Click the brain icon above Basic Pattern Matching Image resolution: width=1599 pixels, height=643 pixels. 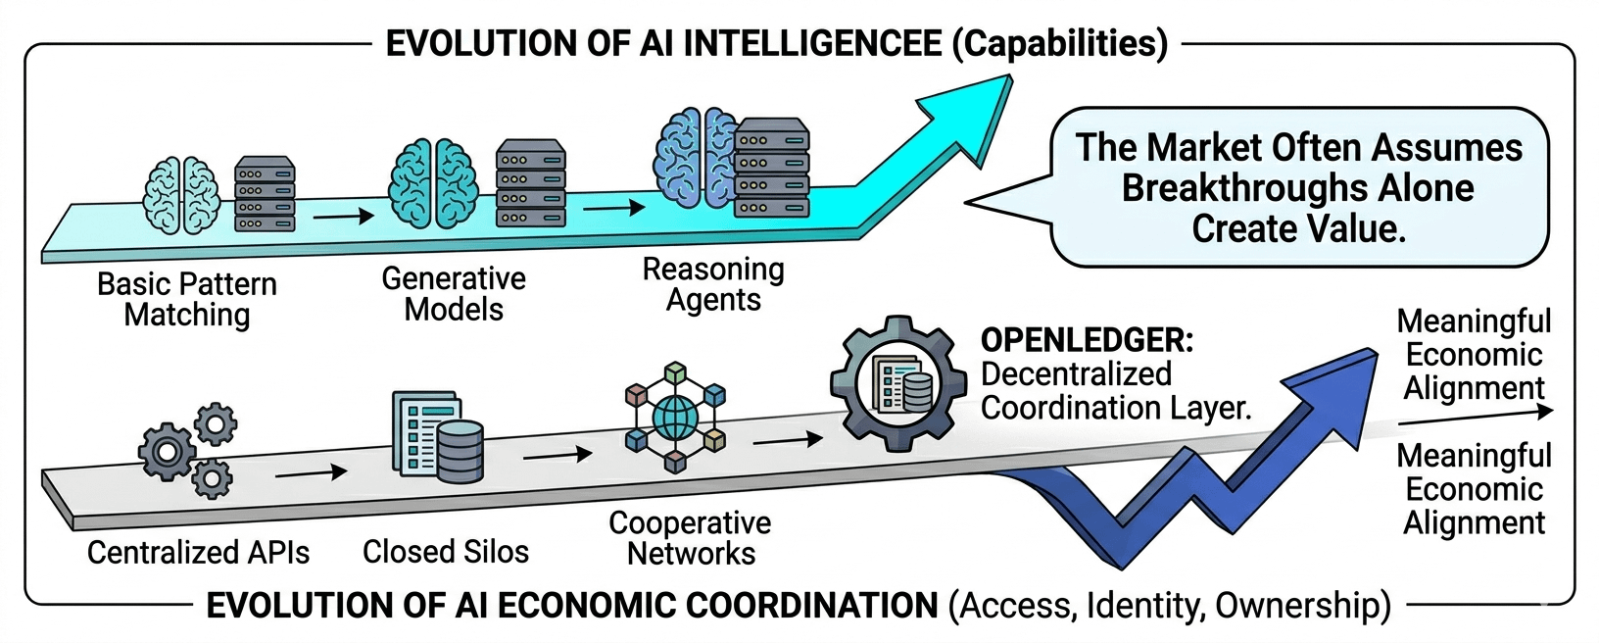(x=180, y=196)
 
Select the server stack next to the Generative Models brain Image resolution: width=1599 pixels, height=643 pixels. (x=530, y=183)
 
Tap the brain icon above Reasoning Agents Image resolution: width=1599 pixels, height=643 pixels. (x=695, y=158)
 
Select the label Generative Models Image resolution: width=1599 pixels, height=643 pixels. (x=454, y=294)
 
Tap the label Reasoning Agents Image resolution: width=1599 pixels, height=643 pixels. (x=713, y=284)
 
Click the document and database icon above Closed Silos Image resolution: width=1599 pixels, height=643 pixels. (x=438, y=436)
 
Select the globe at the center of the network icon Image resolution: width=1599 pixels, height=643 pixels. (x=674, y=418)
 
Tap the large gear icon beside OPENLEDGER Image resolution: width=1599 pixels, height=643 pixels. (x=893, y=383)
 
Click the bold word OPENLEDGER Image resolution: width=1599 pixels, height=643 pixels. (x=1087, y=340)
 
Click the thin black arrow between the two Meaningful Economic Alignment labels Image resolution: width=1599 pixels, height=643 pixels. (x=1475, y=417)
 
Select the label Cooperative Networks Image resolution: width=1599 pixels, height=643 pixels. (x=690, y=538)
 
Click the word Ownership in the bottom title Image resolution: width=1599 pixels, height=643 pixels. (x=1302, y=606)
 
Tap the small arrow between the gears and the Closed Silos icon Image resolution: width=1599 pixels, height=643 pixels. (x=312, y=472)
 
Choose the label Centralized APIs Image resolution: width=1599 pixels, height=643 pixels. (x=199, y=552)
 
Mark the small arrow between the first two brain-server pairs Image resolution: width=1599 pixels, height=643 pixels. (x=343, y=215)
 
